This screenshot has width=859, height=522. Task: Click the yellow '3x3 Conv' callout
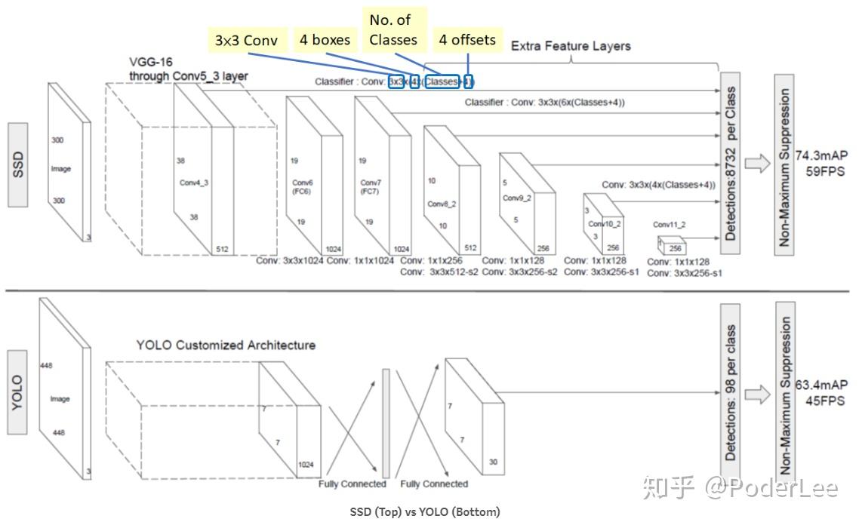(x=246, y=41)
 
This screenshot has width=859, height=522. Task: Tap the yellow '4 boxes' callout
(x=325, y=39)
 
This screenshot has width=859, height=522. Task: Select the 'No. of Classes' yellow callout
(x=393, y=29)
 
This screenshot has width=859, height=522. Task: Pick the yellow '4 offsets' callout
(x=468, y=39)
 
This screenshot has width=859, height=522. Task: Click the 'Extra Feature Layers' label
(x=571, y=46)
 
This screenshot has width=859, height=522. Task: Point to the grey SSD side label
(x=18, y=164)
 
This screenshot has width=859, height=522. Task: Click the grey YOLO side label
(x=18, y=392)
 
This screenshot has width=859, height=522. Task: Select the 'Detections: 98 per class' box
(x=730, y=392)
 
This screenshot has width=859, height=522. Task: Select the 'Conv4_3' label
(x=194, y=183)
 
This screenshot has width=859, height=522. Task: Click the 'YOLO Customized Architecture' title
(x=226, y=345)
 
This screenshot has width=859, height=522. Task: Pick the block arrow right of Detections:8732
(x=757, y=164)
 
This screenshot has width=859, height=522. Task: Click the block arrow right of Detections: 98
(x=757, y=393)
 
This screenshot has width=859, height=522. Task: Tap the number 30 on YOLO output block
(x=494, y=462)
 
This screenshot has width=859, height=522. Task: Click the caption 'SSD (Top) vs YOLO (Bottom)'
(x=425, y=512)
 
